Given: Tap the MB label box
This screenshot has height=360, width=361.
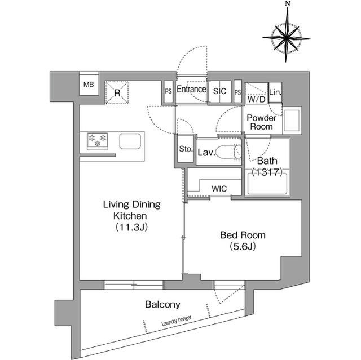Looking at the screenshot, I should (x=89, y=85).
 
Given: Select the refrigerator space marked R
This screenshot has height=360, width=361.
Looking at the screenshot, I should (x=117, y=92).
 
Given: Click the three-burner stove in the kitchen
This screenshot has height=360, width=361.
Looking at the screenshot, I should (x=98, y=141).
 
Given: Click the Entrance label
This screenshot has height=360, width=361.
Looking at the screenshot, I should (x=191, y=90).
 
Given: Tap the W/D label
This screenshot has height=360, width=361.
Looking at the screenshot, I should (x=257, y=99).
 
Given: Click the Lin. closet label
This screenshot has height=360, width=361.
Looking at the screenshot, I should (x=275, y=92).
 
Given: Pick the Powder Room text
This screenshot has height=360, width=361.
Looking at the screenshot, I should (x=260, y=122).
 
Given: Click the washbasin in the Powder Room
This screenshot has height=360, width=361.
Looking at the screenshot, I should (x=292, y=121).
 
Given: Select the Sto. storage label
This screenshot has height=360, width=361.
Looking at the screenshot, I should (x=186, y=150).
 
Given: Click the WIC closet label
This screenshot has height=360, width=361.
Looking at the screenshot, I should (x=219, y=189).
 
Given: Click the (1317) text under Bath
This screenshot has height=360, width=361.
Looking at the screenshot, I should (x=266, y=172).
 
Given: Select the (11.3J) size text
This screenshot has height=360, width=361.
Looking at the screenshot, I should (x=131, y=227).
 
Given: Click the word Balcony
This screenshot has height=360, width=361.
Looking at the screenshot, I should (x=162, y=305).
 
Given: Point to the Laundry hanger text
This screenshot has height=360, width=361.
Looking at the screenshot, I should (x=175, y=321).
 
